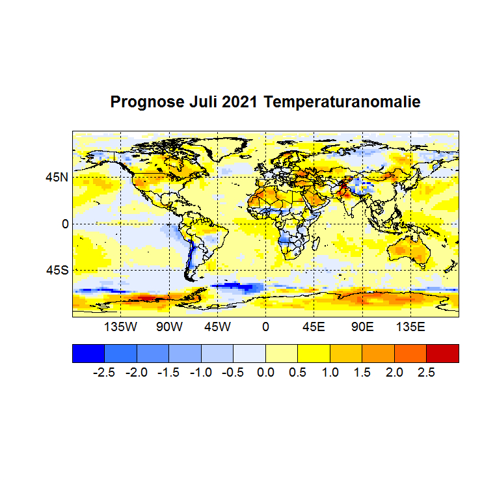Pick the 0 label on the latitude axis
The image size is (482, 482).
64,224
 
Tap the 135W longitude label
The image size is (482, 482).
121,327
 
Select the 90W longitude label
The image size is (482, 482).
169,327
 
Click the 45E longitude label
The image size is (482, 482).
314,327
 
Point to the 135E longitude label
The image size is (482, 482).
410,327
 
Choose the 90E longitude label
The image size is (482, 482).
362,327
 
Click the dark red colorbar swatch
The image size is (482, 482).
442,353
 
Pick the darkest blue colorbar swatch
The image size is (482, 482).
88,353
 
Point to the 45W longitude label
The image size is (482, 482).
217,327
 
